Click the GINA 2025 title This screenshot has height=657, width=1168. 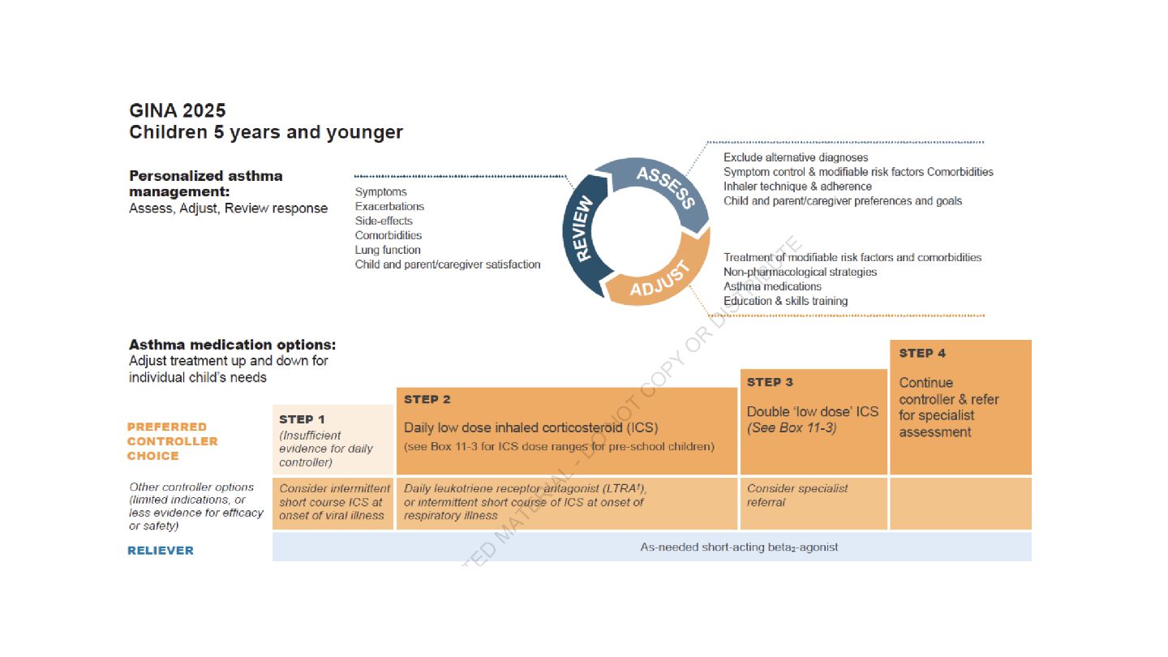[x=178, y=110]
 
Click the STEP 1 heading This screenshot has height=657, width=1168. [x=302, y=419]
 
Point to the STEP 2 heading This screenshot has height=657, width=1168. [x=427, y=399]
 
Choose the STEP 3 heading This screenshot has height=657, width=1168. [x=770, y=382]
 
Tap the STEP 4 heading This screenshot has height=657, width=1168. [x=922, y=353]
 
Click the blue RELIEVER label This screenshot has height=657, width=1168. [x=161, y=550]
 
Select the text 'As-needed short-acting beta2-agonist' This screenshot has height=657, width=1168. [x=739, y=547]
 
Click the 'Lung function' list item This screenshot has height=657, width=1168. [x=388, y=250]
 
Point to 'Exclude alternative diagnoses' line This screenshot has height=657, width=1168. [x=795, y=157]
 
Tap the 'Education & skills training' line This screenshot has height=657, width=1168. [x=785, y=301]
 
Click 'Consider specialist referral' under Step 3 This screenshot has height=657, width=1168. [x=797, y=495]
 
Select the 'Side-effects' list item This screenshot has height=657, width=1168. [x=384, y=221]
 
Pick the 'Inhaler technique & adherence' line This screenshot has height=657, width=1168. [x=797, y=187]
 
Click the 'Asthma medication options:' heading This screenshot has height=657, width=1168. [x=232, y=345]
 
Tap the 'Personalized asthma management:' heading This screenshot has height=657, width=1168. [x=206, y=183]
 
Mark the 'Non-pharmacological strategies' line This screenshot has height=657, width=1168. [x=800, y=272]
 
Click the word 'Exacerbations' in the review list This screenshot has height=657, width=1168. [x=389, y=206]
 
